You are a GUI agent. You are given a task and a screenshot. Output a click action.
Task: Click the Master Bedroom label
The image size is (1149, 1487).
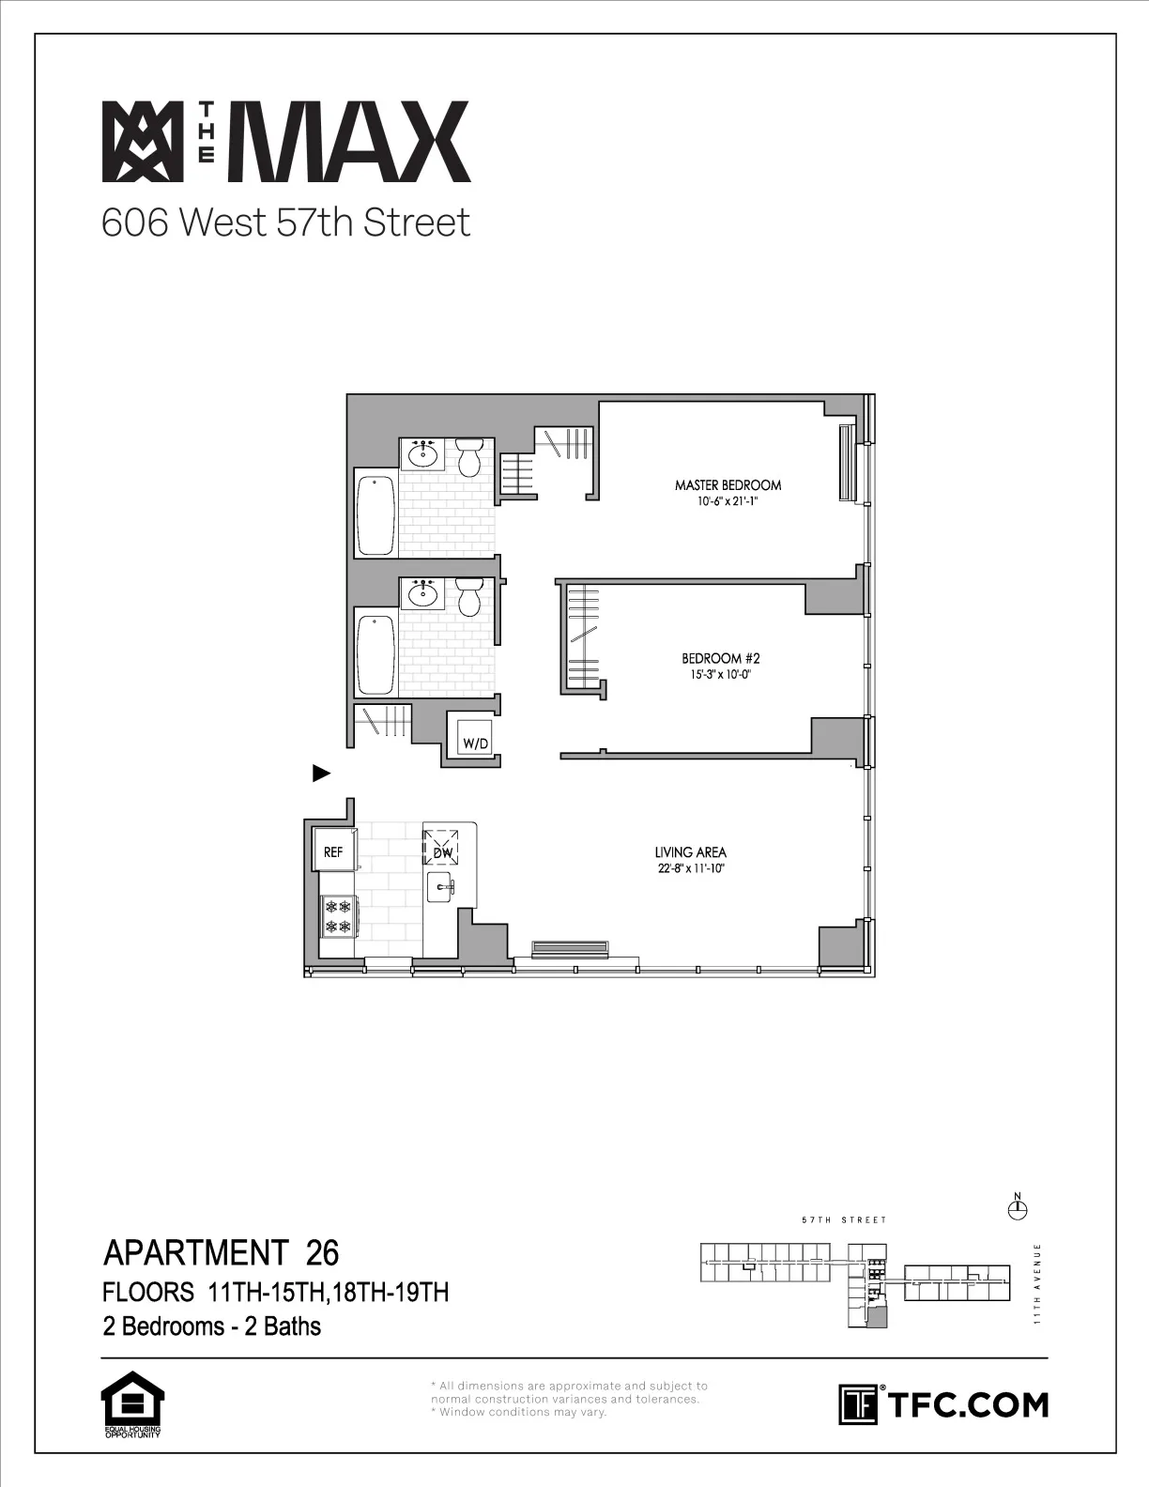pos(728,485)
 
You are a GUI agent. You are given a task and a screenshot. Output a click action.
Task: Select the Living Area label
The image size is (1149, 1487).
pos(690,852)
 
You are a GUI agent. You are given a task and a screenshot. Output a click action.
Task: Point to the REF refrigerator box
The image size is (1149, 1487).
pos(333,851)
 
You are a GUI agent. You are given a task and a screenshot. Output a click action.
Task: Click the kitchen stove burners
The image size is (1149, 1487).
pos(337,916)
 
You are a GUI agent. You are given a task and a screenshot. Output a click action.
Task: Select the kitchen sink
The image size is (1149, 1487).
pos(440,885)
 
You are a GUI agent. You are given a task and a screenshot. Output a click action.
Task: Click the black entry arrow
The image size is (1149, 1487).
pos(321,774)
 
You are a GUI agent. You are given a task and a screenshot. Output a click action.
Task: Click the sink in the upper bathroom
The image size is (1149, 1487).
pos(422,454)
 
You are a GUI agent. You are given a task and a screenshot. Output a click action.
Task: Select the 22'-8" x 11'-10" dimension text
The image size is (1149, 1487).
pos(690,869)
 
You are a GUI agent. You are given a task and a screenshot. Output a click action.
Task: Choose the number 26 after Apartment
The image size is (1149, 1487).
pos(322,1253)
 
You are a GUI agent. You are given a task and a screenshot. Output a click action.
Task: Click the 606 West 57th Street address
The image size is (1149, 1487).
pos(285,223)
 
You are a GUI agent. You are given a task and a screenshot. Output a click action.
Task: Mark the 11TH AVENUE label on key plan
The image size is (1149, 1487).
pos(1037,1283)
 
